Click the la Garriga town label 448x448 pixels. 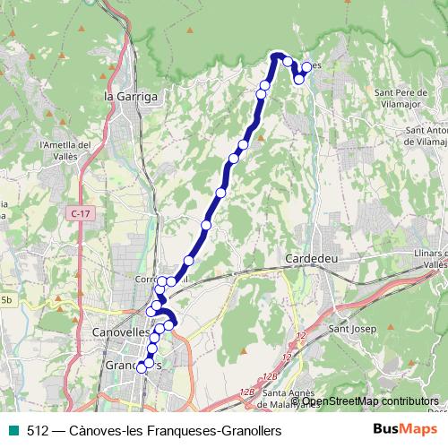[x=131, y=96]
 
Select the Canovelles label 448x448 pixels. [x=122, y=332]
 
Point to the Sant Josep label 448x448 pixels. [x=351, y=329]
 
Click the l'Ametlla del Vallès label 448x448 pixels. [x=65, y=151]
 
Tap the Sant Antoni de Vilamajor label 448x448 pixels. [x=426, y=135]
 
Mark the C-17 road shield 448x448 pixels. [x=80, y=212]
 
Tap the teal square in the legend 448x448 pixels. [x=12, y=430]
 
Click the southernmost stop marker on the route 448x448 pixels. [x=141, y=367]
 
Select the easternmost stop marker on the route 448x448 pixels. [x=306, y=67]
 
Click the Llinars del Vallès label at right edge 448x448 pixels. [x=432, y=261]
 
